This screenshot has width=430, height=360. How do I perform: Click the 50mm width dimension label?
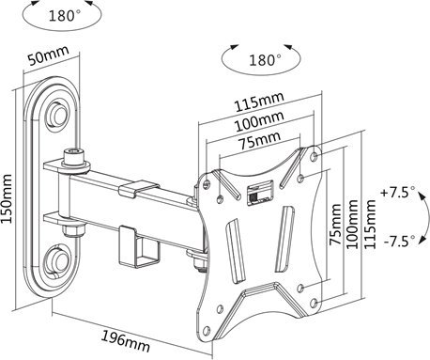(x=49, y=55)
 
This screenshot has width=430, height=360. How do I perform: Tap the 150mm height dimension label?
(x=7, y=199)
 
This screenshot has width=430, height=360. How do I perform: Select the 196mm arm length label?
(x=126, y=341)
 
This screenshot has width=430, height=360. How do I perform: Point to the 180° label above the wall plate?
(x=65, y=16)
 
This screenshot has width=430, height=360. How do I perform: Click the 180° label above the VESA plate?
(x=265, y=60)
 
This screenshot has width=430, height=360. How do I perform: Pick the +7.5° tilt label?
(x=398, y=192)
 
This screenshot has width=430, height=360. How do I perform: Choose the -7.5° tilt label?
(x=399, y=242)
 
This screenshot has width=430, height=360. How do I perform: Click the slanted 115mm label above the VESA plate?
(x=259, y=102)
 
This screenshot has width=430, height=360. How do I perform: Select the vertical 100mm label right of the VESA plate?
(x=352, y=224)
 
